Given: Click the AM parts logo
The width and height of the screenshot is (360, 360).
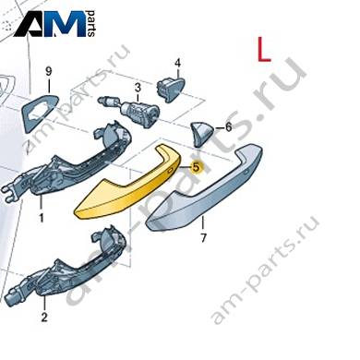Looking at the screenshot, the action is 54,24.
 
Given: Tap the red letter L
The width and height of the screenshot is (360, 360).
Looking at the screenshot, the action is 264,50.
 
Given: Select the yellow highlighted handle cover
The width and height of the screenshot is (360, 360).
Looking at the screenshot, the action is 127,183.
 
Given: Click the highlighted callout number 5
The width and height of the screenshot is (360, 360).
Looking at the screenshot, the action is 196,168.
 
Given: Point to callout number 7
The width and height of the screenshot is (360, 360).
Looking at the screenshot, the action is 203,238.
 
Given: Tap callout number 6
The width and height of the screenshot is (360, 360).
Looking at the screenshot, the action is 228,126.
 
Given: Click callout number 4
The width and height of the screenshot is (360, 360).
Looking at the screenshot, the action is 177,64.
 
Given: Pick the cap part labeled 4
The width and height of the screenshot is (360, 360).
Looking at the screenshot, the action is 171,90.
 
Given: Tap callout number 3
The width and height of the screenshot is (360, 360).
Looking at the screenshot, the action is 138,88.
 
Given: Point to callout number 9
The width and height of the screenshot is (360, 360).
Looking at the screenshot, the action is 49,72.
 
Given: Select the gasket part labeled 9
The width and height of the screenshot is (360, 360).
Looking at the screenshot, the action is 41,112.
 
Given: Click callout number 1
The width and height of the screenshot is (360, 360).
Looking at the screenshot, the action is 41,218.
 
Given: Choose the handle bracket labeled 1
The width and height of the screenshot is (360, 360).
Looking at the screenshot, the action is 66,163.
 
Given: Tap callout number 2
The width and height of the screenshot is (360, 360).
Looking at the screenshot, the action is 44,318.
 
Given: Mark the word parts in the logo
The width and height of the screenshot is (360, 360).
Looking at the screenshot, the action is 91,24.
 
